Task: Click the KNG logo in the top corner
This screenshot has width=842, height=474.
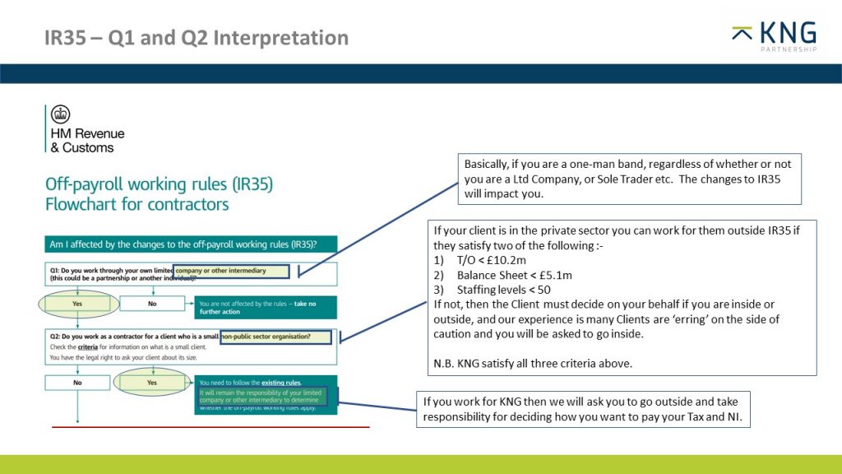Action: click(x=774, y=36)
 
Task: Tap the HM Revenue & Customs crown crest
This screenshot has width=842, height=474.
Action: click(x=61, y=114)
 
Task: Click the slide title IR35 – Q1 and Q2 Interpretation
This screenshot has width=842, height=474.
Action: click(x=197, y=38)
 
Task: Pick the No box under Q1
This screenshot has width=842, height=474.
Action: click(x=151, y=303)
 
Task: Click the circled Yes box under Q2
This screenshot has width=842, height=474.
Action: click(x=151, y=383)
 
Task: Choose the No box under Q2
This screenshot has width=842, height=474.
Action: click(x=76, y=383)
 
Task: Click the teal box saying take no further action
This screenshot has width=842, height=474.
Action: click(x=265, y=308)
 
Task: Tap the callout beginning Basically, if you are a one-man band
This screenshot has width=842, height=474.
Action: click(x=629, y=178)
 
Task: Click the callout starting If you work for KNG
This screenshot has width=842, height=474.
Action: click(x=583, y=410)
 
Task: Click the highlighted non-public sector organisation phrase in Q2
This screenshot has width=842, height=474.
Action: click(x=276, y=337)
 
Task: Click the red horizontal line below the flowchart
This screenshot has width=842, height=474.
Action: click(x=210, y=428)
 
